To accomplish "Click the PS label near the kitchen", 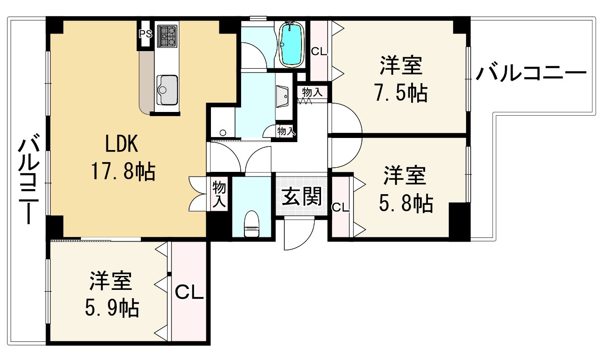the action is (x=145, y=34).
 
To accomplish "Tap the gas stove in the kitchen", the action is (x=167, y=36).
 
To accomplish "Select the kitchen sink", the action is (x=167, y=90).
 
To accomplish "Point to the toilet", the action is (x=251, y=224).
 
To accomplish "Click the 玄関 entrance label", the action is (x=302, y=196).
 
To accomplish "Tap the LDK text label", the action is (x=121, y=144).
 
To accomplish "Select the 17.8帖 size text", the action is (x=123, y=171).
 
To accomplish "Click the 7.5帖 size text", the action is (x=401, y=92).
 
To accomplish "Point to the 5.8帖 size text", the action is (x=406, y=203).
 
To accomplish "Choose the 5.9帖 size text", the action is (x=112, y=308).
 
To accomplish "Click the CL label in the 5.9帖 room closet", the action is (x=189, y=292).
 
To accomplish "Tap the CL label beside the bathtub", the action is (x=319, y=51).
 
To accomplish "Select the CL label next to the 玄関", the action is (x=340, y=208).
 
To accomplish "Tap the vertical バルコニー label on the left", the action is (x=29, y=179).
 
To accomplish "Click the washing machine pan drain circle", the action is (x=223, y=133).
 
